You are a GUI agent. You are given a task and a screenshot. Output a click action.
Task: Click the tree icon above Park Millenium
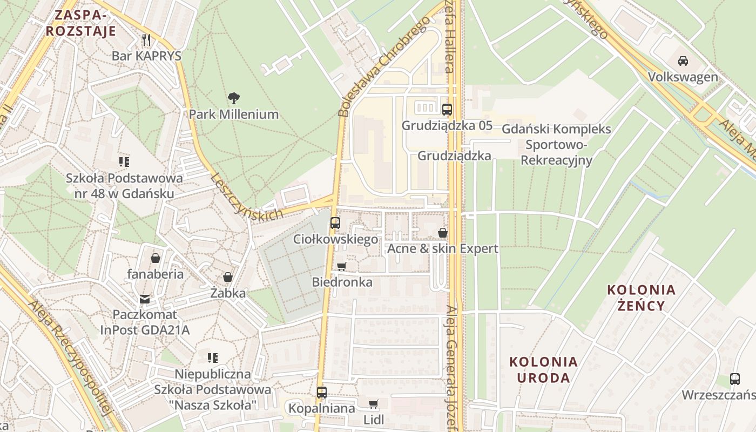(233, 98)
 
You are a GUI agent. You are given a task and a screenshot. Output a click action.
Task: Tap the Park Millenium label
(233, 114)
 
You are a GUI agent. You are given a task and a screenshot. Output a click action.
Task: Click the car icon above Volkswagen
(683, 60)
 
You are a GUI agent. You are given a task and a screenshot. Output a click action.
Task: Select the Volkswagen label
(683, 77)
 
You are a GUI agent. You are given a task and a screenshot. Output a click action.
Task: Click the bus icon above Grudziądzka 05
(447, 110)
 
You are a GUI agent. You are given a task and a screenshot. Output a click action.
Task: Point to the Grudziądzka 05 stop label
(447, 126)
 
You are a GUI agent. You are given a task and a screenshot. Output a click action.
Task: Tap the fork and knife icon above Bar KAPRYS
(146, 39)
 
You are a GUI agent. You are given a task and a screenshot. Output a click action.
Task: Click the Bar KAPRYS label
(146, 56)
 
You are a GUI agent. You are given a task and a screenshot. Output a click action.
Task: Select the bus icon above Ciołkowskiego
(335, 222)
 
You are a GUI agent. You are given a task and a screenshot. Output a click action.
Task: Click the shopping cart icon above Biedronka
(341, 266)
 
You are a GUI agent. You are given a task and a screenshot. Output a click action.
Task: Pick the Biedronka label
(342, 282)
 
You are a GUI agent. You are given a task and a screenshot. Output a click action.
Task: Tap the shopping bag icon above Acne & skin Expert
(443, 233)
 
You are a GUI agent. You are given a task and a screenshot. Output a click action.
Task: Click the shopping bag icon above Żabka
(228, 277)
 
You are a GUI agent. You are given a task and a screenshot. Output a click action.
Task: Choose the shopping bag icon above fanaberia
(156, 258)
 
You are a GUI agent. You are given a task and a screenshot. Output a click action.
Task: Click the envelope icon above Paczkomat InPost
(145, 299)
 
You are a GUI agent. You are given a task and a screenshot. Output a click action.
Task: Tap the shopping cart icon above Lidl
(373, 404)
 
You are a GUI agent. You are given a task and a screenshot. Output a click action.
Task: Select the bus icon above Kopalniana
(322, 393)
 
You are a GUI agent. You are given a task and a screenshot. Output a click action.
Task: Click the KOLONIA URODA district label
(543, 369)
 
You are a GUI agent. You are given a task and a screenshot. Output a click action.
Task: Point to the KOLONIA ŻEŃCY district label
(642, 298)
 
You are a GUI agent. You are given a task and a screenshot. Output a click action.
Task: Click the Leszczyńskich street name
(247, 197)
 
